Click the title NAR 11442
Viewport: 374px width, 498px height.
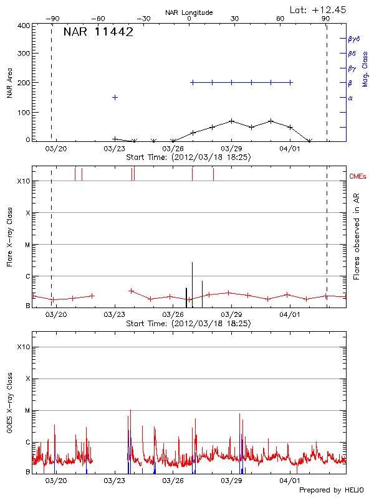tap(98, 33)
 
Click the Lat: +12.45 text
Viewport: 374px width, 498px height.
tap(319, 9)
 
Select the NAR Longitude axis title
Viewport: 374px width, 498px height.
tap(189, 12)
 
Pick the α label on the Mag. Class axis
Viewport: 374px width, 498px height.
tap(350, 98)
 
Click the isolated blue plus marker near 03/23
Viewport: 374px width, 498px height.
tap(115, 98)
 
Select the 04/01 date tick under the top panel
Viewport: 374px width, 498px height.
tap(290, 149)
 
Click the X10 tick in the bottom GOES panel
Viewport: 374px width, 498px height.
tap(23, 347)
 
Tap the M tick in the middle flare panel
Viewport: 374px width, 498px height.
tap(27, 245)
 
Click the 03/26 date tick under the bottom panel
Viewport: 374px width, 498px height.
tap(173, 481)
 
